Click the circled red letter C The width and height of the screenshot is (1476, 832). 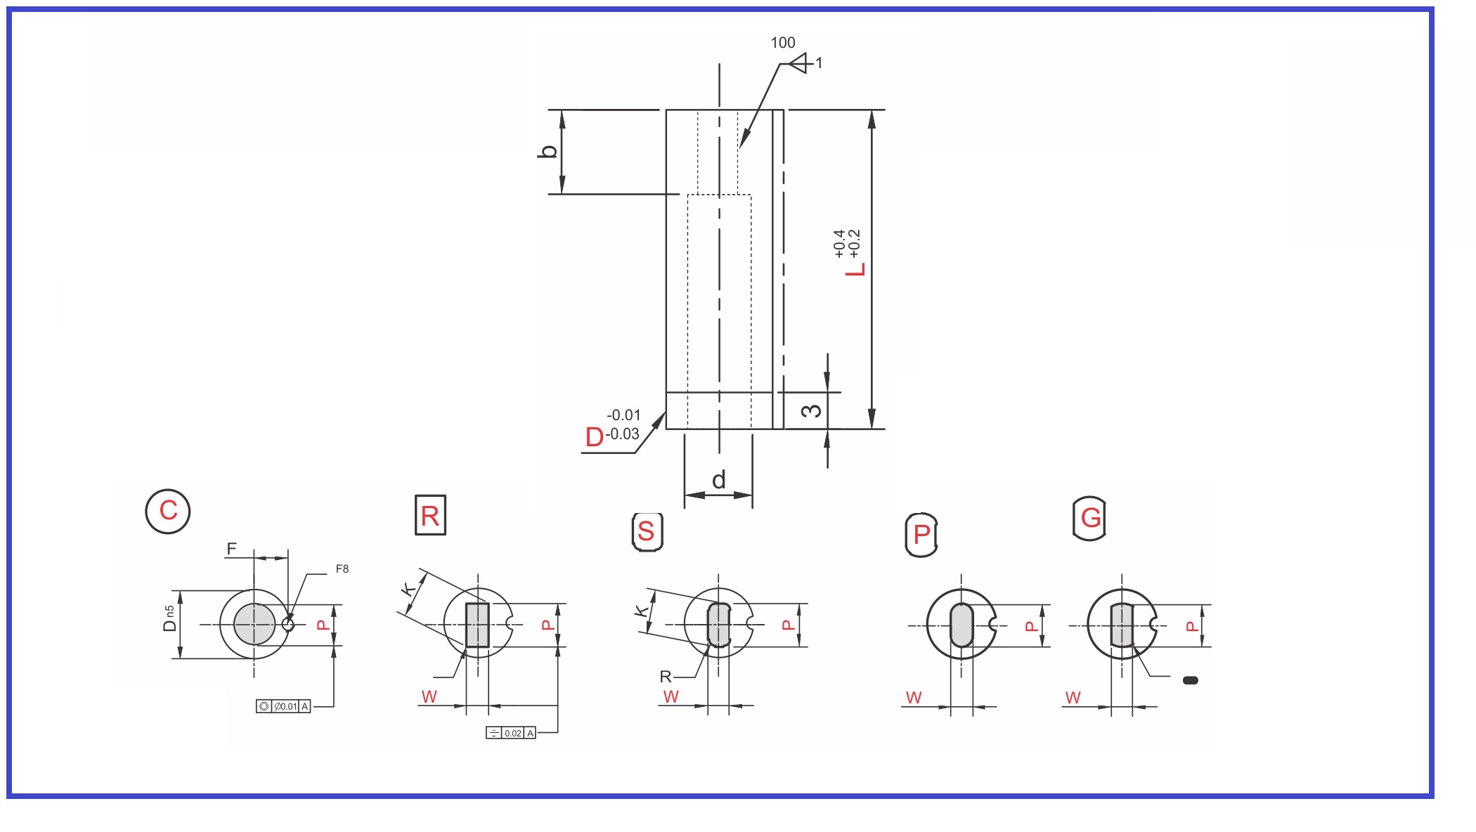(168, 511)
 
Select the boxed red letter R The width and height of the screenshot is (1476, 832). (430, 516)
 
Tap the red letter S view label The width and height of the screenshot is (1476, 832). (647, 531)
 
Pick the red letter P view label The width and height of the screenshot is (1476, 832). (921, 535)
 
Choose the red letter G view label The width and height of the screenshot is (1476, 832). (1090, 518)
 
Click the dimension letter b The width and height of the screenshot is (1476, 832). (548, 151)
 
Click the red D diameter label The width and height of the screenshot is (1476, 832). (595, 437)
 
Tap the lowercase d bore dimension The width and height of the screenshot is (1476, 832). (718, 481)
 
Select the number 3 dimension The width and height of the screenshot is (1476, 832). (811, 410)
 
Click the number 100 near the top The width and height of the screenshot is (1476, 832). (782, 43)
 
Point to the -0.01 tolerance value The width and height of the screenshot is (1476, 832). (623, 415)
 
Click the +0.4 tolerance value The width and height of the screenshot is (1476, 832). (839, 243)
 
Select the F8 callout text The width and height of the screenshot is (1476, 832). (342, 569)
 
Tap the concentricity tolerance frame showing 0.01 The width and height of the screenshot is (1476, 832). (283, 706)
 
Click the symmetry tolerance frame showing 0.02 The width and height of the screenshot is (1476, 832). (511, 733)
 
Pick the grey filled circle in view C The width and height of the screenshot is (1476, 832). (254, 624)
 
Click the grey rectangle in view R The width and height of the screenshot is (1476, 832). (477, 625)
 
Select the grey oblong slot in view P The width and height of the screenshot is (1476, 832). (962, 625)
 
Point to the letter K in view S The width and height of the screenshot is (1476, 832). (641, 610)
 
